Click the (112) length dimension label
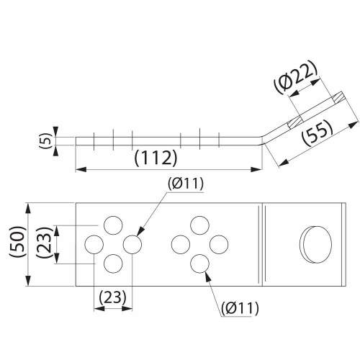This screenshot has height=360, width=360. [x=156, y=158]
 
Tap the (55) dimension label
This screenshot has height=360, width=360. [x=318, y=132]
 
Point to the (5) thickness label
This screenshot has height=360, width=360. [x=47, y=141]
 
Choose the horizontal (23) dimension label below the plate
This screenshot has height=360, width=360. [x=112, y=297]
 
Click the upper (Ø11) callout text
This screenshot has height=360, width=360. [x=186, y=184]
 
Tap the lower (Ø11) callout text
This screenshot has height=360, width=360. [x=240, y=308]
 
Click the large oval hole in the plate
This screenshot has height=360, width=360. [x=316, y=244]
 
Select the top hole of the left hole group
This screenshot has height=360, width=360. [x=113, y=225]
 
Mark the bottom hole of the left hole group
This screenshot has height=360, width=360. [x=113, y=264]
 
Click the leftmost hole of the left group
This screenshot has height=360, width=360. [x=94, y=244]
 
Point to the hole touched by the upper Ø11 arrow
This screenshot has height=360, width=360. [x=132, y=244]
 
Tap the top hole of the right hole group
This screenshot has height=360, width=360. [x=199, y=225]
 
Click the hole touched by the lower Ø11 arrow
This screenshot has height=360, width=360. [x=199, y=264]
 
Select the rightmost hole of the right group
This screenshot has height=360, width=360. [x=219, y=244]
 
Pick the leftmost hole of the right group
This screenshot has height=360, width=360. [x=181, y=244]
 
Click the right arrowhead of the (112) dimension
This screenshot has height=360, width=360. [x=256, y=170]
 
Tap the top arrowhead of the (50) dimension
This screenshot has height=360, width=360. [x=28, y=209]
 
